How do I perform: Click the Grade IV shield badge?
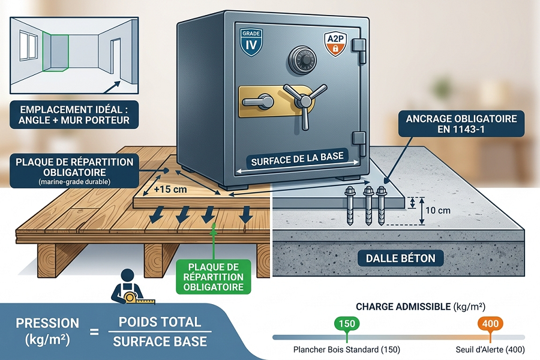251,42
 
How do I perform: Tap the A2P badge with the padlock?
335,44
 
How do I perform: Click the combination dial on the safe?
302,59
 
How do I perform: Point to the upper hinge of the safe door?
359,50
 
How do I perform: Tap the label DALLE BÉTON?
401,259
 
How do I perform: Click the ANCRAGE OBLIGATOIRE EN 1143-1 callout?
461,124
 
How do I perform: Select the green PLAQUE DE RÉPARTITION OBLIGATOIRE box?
214,277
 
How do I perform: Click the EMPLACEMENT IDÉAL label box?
74,115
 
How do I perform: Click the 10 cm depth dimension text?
438,210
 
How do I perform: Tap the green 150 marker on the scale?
347,324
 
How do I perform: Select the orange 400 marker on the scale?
490,324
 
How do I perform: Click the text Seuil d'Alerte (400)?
490,350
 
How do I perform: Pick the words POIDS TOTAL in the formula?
160,322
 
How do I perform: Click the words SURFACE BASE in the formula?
160,341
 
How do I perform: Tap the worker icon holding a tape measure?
129,287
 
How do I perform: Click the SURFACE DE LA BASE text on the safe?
297,159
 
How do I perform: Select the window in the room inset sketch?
28,46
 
